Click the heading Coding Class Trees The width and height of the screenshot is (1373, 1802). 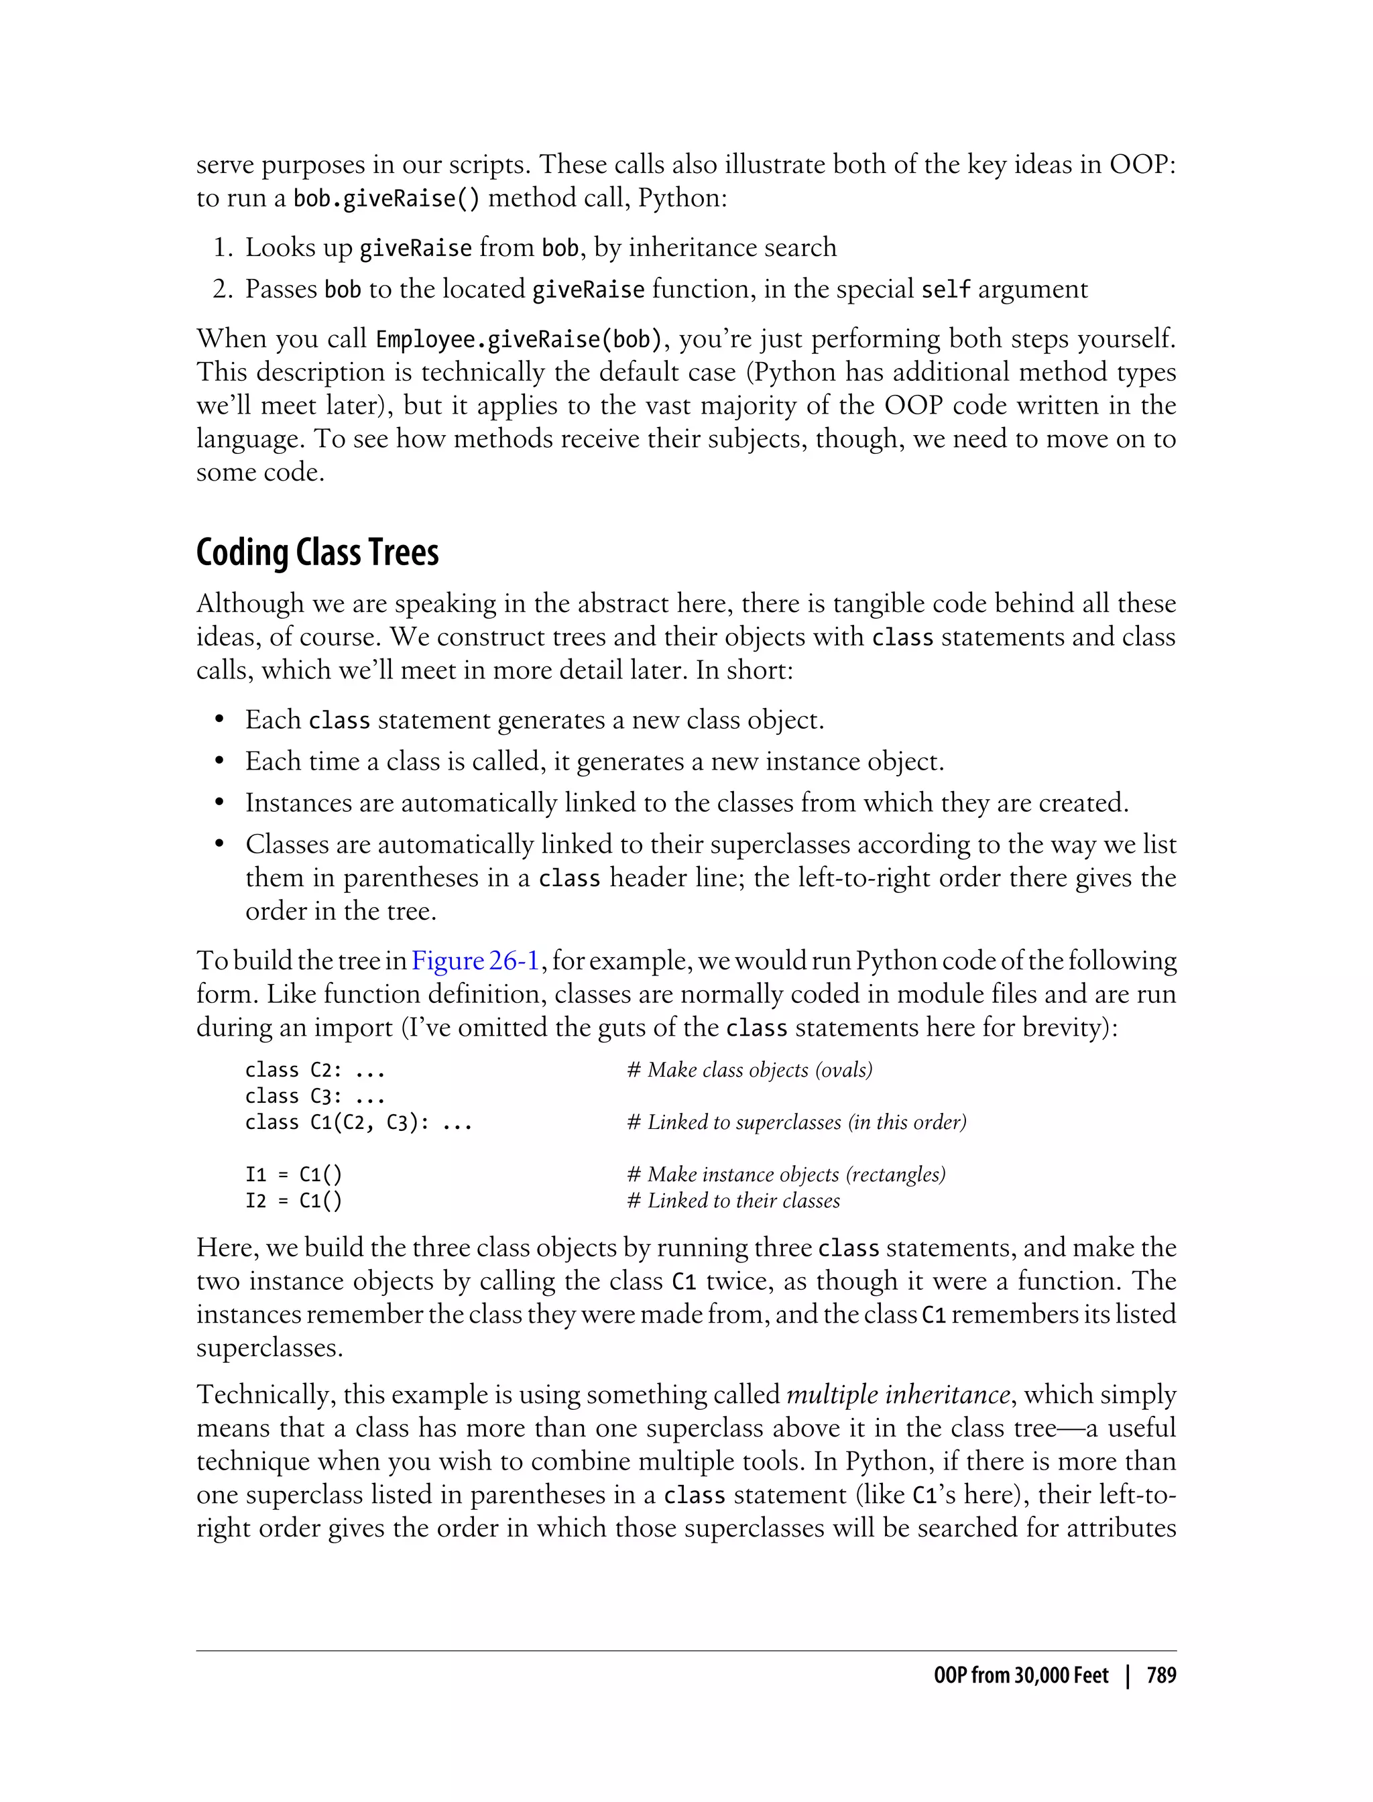tap(317, 553)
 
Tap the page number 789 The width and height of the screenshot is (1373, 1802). tap(1160, 1676)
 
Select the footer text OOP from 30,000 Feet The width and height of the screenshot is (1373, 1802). tap(1021, 1676)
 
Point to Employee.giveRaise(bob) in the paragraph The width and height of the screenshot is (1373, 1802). tap(518, 339)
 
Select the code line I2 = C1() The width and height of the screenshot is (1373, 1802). tap(294, 1201)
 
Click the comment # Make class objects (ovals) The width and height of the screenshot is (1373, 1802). tap(750, 1070)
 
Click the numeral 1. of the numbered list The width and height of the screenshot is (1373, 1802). tap(224, 247)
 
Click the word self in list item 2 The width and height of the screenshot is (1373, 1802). tap(945, 290)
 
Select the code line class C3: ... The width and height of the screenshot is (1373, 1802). tap(314, 1096)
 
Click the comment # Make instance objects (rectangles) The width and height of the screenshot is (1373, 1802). tap(786, 1175)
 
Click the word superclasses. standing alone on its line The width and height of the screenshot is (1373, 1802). tap(269, 1347)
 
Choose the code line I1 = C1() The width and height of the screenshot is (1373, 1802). tap(294, 1175)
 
